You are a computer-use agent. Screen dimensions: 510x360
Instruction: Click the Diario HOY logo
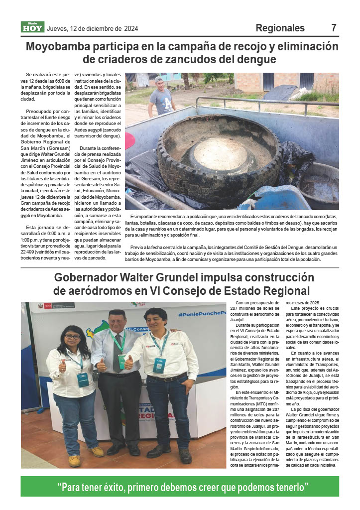point(32,27)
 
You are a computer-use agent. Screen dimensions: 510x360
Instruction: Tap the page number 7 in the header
point(334,28)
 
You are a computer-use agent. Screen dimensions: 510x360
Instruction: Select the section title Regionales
point(280,28)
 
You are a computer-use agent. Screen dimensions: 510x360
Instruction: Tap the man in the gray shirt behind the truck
point(161,97)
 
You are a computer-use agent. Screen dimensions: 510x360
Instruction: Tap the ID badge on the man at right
point(159,366)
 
